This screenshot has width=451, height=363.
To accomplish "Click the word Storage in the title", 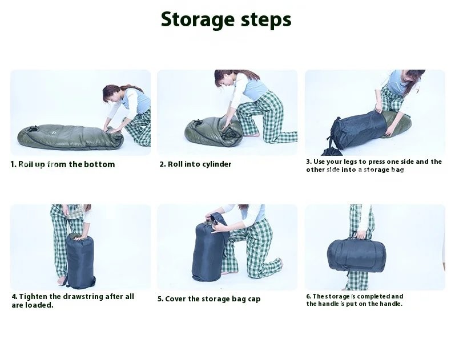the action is pos(198,20).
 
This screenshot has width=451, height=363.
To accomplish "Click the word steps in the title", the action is pos(267,20).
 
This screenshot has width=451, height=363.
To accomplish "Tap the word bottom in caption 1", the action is pos(99,164).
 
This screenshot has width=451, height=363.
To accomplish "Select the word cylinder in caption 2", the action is pos(217,164).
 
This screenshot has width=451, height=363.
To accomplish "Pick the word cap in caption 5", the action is pos(254,299).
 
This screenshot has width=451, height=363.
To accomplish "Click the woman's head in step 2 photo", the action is pos(224,78).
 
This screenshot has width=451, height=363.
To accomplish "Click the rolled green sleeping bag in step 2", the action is pos(214,131).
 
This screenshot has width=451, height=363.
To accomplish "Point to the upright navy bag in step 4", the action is pos(80,261).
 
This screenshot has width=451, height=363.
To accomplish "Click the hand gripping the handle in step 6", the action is pos(361,235).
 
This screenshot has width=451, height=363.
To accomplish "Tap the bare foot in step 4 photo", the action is pos(61,280).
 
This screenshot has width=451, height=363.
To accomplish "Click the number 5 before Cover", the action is pos(160,299).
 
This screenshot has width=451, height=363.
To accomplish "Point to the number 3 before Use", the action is pos(308,162).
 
